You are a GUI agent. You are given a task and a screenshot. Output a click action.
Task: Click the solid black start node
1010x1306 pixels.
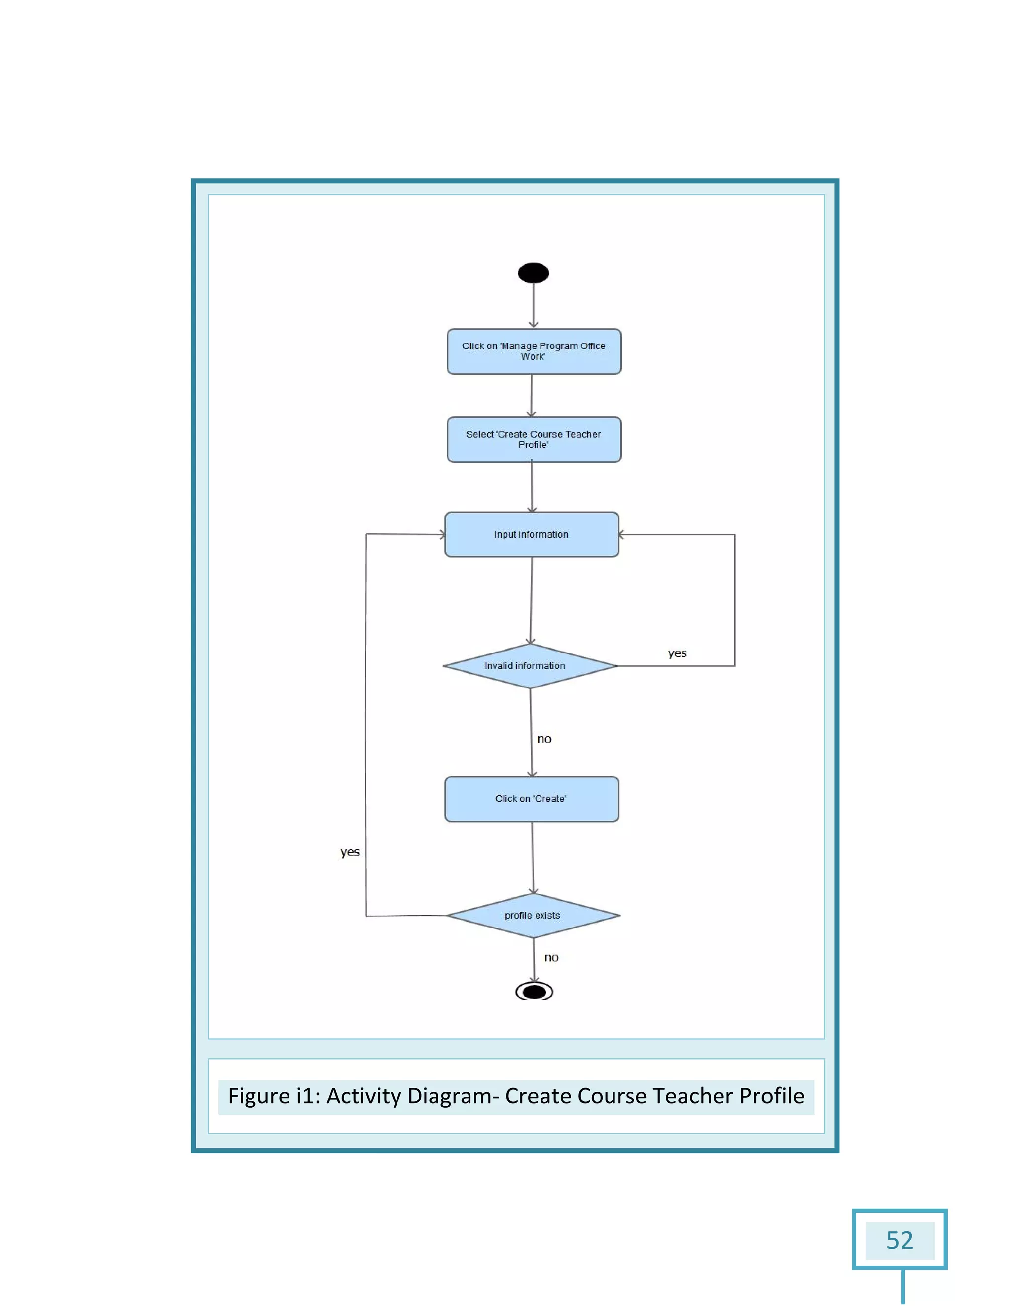(x=533, y=273)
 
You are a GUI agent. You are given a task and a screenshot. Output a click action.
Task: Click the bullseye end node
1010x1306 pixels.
(x=534, y=992)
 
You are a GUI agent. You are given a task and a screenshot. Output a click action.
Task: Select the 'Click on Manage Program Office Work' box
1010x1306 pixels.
(x=534, y=351)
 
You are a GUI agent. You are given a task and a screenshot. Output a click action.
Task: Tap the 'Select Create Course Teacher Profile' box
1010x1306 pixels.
(x=534, y=440)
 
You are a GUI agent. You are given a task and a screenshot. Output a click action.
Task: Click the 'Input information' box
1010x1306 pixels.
(x=531, y=535)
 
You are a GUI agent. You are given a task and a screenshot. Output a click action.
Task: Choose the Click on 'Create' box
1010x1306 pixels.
(x=531, y=799)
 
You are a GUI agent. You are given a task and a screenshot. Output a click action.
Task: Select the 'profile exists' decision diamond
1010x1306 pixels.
(x=533, y=916)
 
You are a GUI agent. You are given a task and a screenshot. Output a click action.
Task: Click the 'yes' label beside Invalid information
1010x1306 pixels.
(x=677, y=653)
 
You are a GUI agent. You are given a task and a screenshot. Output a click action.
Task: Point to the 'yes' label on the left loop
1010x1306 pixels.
(x=350, y=852)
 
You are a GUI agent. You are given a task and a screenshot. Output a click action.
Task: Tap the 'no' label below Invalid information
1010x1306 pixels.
(x=544, y=739)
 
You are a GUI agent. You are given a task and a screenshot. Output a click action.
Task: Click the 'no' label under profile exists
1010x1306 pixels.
(x=551, y=958)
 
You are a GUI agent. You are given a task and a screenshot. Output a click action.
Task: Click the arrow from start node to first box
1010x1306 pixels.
(x=533, y=305)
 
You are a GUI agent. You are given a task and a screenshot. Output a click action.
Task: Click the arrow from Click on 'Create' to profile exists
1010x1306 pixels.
(x=533, y=858)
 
